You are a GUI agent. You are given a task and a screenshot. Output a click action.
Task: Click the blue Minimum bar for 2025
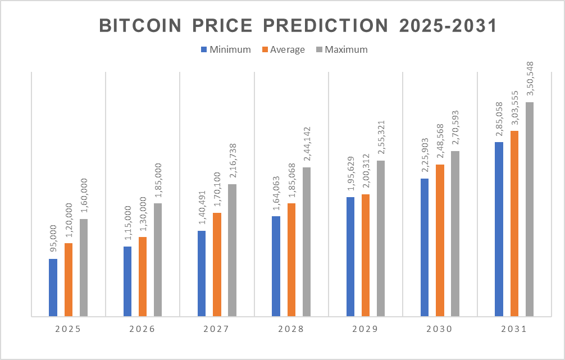53,288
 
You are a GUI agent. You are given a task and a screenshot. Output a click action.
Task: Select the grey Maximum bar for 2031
530,209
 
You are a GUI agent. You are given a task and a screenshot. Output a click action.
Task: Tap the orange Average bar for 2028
291,259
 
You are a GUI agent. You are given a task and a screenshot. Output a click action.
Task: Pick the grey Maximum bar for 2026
158,259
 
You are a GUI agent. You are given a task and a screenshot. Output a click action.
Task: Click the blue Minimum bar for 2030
425,247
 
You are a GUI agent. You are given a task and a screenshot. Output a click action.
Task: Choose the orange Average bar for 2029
366,255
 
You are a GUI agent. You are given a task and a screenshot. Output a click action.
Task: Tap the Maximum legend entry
341,49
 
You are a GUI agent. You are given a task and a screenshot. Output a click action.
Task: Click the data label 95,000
53,241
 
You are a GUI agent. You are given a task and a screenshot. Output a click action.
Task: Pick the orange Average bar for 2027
217,265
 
